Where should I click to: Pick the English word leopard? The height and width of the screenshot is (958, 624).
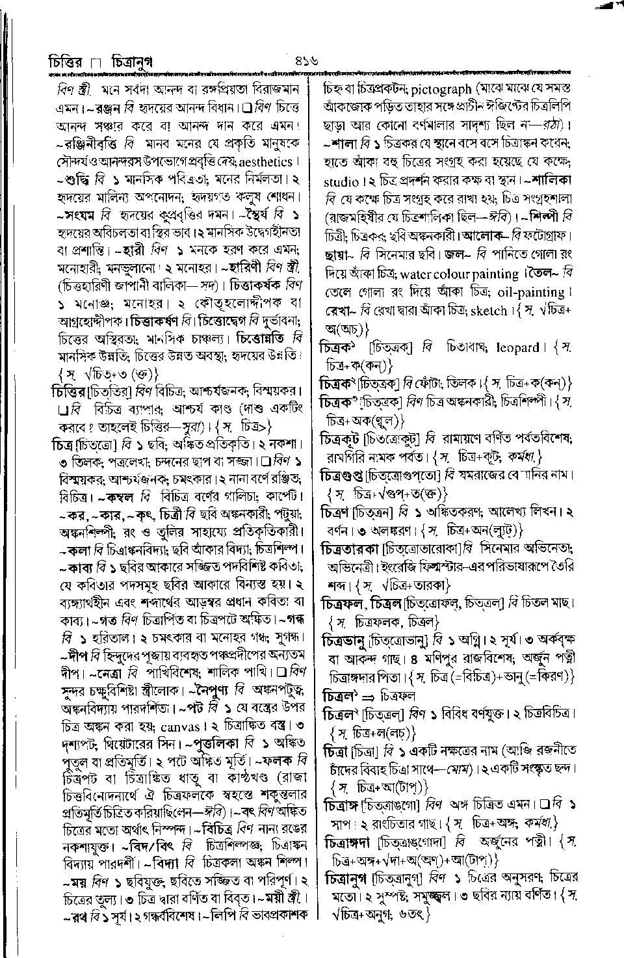(x=517, y=347)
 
